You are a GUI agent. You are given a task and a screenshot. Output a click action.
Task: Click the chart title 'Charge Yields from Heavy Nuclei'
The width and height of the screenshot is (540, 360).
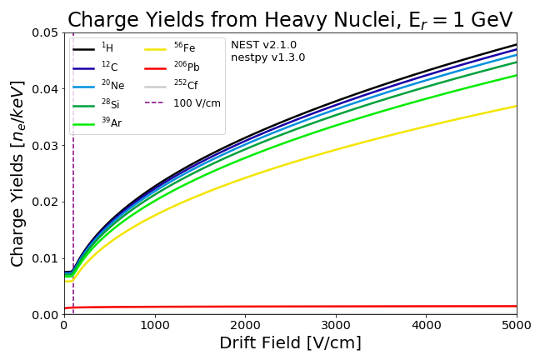point(290,20)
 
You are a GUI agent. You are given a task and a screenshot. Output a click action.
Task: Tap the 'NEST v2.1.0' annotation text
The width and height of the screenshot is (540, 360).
point(263,45)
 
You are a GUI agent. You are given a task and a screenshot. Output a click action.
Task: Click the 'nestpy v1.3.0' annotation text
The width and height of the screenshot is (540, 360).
point(267,57)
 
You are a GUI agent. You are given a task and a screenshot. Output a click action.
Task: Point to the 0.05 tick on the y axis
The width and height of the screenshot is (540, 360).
point(45,32)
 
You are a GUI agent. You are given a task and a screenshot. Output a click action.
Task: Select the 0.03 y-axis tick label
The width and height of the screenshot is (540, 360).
point(45,146)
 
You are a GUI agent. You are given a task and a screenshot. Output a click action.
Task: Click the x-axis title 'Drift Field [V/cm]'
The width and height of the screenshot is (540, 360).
point(290,343)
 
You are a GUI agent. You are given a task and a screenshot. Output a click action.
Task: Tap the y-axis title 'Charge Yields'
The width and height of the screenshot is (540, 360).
point(18,173)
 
